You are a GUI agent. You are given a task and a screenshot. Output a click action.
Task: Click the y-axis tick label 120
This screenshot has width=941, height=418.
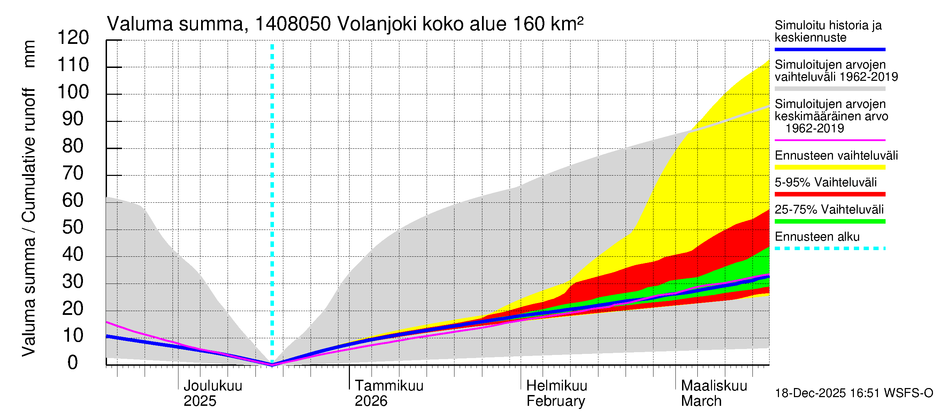(x=73, y=38)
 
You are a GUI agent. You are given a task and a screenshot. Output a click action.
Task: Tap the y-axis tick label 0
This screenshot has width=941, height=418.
(x=73, y=363)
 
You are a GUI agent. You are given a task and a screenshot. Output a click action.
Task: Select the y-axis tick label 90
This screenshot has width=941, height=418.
(x=73, y=119)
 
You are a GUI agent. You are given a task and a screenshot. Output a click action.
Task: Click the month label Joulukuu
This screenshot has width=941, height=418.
(x=213, y=386)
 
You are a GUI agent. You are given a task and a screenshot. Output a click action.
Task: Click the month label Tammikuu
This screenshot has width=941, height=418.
(x=389, y=386)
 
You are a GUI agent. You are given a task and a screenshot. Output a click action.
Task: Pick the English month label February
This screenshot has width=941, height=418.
(x=556, y=401)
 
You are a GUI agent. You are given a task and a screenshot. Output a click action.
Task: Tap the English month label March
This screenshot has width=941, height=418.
(x=701, y=401)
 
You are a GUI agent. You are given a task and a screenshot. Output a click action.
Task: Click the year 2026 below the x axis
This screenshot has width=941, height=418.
(x=371, y=401)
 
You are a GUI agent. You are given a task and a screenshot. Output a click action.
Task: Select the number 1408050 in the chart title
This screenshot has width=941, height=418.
(x=293, y=24)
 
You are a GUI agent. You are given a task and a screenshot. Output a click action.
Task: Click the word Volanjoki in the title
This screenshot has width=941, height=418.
(x=377, y=24)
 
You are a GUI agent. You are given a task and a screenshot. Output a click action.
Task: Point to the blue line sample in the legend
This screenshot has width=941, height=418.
(x=829, y=49)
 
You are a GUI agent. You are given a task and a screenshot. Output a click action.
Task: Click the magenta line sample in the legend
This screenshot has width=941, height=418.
(x=829, y=140)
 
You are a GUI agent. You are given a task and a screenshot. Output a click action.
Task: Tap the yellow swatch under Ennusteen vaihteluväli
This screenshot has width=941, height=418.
(x=829, y=167)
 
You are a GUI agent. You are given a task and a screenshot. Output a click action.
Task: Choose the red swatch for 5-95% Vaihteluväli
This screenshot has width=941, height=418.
(x=829, y=194)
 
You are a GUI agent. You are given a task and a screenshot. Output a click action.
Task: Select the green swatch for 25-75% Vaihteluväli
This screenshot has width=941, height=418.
(x=829, y=221)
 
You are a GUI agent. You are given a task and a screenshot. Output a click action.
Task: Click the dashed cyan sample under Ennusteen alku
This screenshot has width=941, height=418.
(x=829, y=248)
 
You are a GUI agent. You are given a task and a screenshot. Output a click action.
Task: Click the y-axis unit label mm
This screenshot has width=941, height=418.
(x=29, y=54)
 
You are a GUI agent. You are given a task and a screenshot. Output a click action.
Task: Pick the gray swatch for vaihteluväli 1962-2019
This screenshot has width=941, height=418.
(x=829, y=89)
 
